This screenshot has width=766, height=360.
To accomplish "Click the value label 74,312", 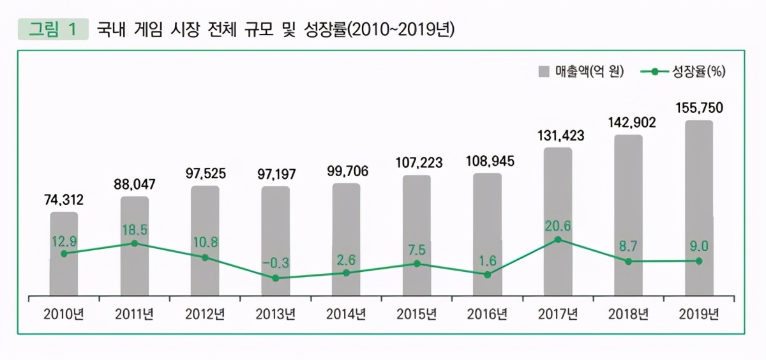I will coord(64,200).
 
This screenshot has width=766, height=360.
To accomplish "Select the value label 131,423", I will coord(558,136).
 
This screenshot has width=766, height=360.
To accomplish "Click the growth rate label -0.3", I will coord(275,262).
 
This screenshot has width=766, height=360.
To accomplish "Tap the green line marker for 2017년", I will coord(558,240).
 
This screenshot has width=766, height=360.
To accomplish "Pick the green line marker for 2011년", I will coord(134,243).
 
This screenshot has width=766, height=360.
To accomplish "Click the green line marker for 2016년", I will coord(487,274).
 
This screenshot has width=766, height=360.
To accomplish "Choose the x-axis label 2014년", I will coord(345,314).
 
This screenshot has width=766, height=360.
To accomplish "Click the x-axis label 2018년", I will coord(628,314).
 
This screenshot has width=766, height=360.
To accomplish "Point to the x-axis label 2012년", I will coord(204,314).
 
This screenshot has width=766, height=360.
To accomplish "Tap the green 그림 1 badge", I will coord(52,29).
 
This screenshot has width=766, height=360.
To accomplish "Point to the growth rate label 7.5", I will coord(416,248).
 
